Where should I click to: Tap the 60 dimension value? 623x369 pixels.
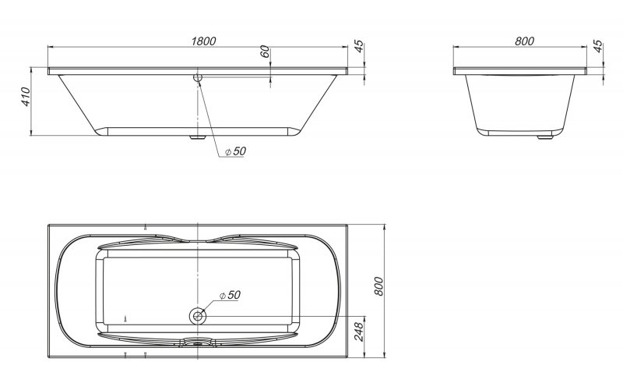pyautogui.click(x=265, y=53)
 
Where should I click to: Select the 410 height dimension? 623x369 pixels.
pyautogui.click(x=25, y=98)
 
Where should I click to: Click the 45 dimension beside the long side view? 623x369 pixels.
pyautogui.click(x=359, y=46)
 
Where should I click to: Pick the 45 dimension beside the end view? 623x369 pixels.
pyautogui.click(x=598, y=46)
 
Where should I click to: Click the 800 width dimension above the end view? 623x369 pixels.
pyautogui.click(x=523, y=41)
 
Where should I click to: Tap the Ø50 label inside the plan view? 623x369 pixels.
pyautogui.click(x=230, y=295)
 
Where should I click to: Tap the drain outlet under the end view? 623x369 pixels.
pyautogui.click(x=540, y=140)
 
